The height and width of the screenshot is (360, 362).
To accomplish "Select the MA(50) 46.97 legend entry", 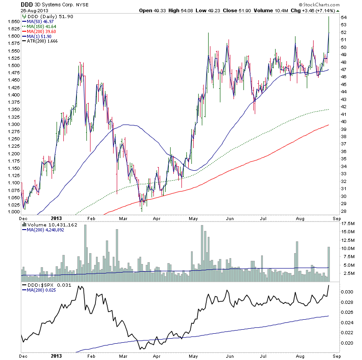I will tap(41, 22).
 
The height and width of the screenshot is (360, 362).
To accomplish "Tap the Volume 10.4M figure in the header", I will tap(269, 10).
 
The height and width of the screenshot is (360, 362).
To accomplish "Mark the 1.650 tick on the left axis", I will tap(13, 21).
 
